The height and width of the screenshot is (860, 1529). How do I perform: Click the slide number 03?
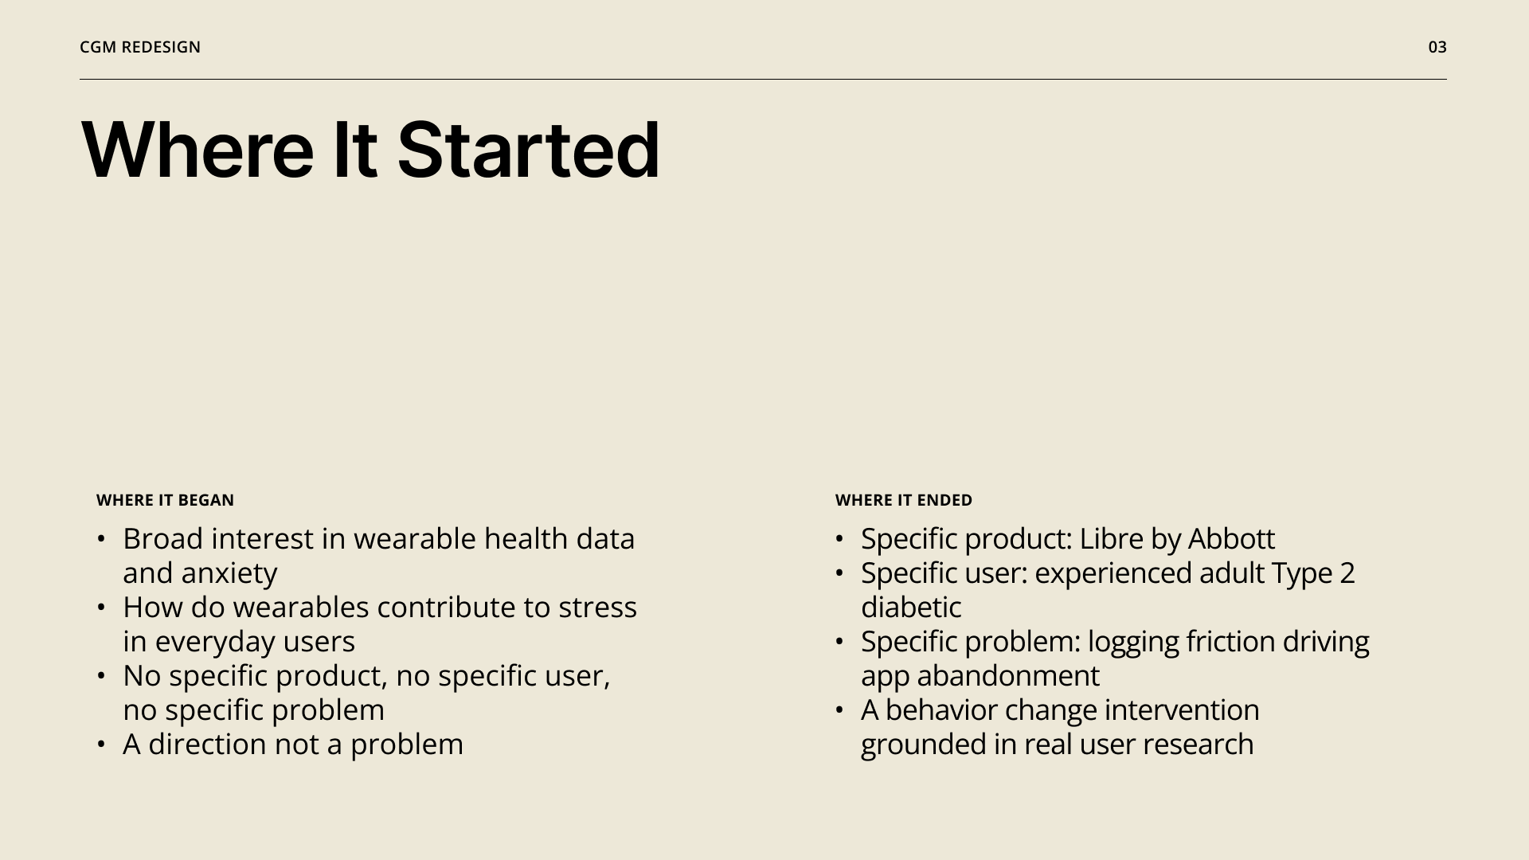[1437, 47]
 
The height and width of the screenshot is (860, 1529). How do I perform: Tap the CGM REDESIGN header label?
[140, 47]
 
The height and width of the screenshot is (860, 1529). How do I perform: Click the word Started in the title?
[528, 150]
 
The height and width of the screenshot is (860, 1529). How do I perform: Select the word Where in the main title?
[197, 150]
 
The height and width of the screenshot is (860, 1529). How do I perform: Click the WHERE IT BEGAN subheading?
[165, 500]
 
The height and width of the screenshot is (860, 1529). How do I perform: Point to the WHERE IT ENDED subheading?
[904, 500]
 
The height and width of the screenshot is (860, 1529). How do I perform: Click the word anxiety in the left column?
[229, 573]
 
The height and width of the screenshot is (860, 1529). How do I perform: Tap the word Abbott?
[1231, 539]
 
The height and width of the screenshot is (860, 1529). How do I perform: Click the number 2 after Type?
[1347, 573]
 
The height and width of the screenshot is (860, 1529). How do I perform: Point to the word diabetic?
[911, 608]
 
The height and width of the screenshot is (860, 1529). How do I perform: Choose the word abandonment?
[1008, 676]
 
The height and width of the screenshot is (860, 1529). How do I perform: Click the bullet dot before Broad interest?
[101, 540]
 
